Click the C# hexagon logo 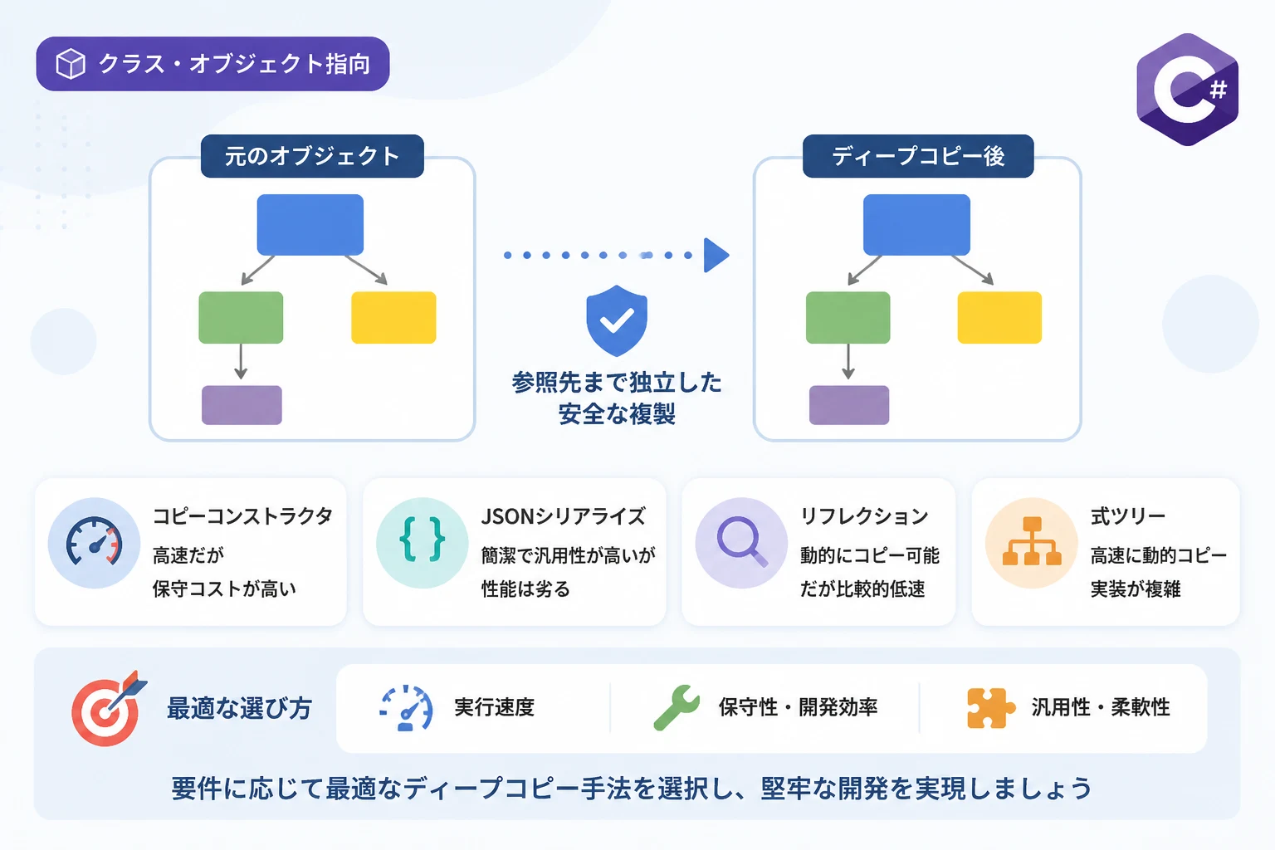pos(1187,90)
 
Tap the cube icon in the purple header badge pos(71,64)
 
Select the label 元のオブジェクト pos(312,156)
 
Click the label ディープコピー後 pos(918,156)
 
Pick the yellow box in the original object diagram pos(394,318)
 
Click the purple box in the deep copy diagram pos(849,405)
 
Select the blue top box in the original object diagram pos(310,225)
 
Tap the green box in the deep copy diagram pos(848,318)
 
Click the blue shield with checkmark pos(617,320)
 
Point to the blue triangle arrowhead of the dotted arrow pos(716,255)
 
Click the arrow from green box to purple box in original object pos(241,361)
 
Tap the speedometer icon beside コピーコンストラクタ pos(95,541)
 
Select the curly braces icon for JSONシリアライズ pos(423,540)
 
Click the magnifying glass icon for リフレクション pos(741,541)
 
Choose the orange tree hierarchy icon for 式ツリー pos(1032,541)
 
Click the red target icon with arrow pos(108,709)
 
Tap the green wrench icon pos(677,707)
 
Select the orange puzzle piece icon pos(990,708)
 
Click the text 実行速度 pos(494,707)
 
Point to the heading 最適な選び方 pos(239,708)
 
